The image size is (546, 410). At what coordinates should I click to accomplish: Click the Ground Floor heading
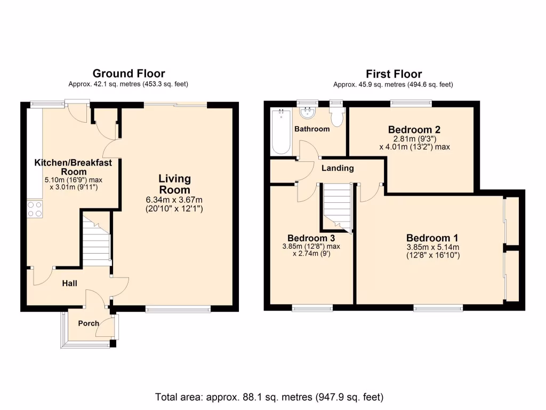[129, 74]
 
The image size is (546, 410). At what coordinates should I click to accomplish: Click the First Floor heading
[394, 74]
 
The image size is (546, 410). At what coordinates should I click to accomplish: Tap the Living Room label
[174, 184]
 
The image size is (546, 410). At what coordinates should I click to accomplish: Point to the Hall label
[69, 283]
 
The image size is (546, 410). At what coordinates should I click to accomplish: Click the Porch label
[89, 324]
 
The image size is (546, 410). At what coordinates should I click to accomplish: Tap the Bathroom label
[312, 129]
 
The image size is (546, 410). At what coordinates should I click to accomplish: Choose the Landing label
[338, 168]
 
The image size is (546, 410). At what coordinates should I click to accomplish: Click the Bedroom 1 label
[432, 238]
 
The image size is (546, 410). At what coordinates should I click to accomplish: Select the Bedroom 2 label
[414, 129]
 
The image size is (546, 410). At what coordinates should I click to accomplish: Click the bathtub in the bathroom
[280, 132]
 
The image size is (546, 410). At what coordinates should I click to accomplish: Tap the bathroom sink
[307, 113]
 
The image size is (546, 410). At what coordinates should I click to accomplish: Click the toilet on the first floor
[336, 115]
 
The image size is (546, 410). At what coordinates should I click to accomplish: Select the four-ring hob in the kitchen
[35, 209]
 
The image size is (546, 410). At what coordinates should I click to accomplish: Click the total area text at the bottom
[269, 397]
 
